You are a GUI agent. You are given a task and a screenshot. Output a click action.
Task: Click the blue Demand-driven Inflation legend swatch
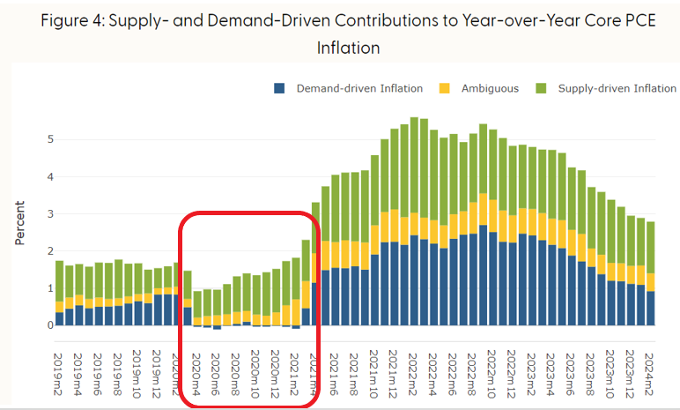coord(279,88)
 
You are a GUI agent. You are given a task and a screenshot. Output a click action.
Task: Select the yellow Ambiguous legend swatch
coord(445,88)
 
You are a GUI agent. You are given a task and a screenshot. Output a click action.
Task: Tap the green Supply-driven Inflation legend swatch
coord(541,88)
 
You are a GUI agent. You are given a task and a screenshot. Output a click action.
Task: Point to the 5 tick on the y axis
coord(51,139)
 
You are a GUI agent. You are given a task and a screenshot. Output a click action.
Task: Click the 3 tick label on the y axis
coord(51,213)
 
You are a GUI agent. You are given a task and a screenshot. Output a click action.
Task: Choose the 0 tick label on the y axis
coord(51,324)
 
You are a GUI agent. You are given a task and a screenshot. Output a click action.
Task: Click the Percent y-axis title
coord(20,223)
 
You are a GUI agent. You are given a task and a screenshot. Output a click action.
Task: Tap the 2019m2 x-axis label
coord(57,374)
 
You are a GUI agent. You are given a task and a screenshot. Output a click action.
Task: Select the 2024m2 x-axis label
coord(649,374)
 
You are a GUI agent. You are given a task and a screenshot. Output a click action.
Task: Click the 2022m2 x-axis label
coord(412,374)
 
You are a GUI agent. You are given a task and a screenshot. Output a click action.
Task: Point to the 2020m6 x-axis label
coord(216,374)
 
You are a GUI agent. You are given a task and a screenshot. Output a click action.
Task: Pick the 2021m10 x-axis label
coord(373,374)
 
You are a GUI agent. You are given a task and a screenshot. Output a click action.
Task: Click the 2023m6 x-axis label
coord(570,374)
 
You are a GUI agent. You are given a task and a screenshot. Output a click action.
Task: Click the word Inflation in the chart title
coord(348,48)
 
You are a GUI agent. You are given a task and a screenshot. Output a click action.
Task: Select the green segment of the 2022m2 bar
coord(414,165)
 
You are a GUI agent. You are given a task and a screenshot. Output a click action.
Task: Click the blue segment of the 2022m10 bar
coord(483,275)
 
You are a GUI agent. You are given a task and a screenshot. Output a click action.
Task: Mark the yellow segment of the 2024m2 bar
coord(651,282)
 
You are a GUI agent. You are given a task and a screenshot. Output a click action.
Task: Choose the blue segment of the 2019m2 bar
coord(59,318)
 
